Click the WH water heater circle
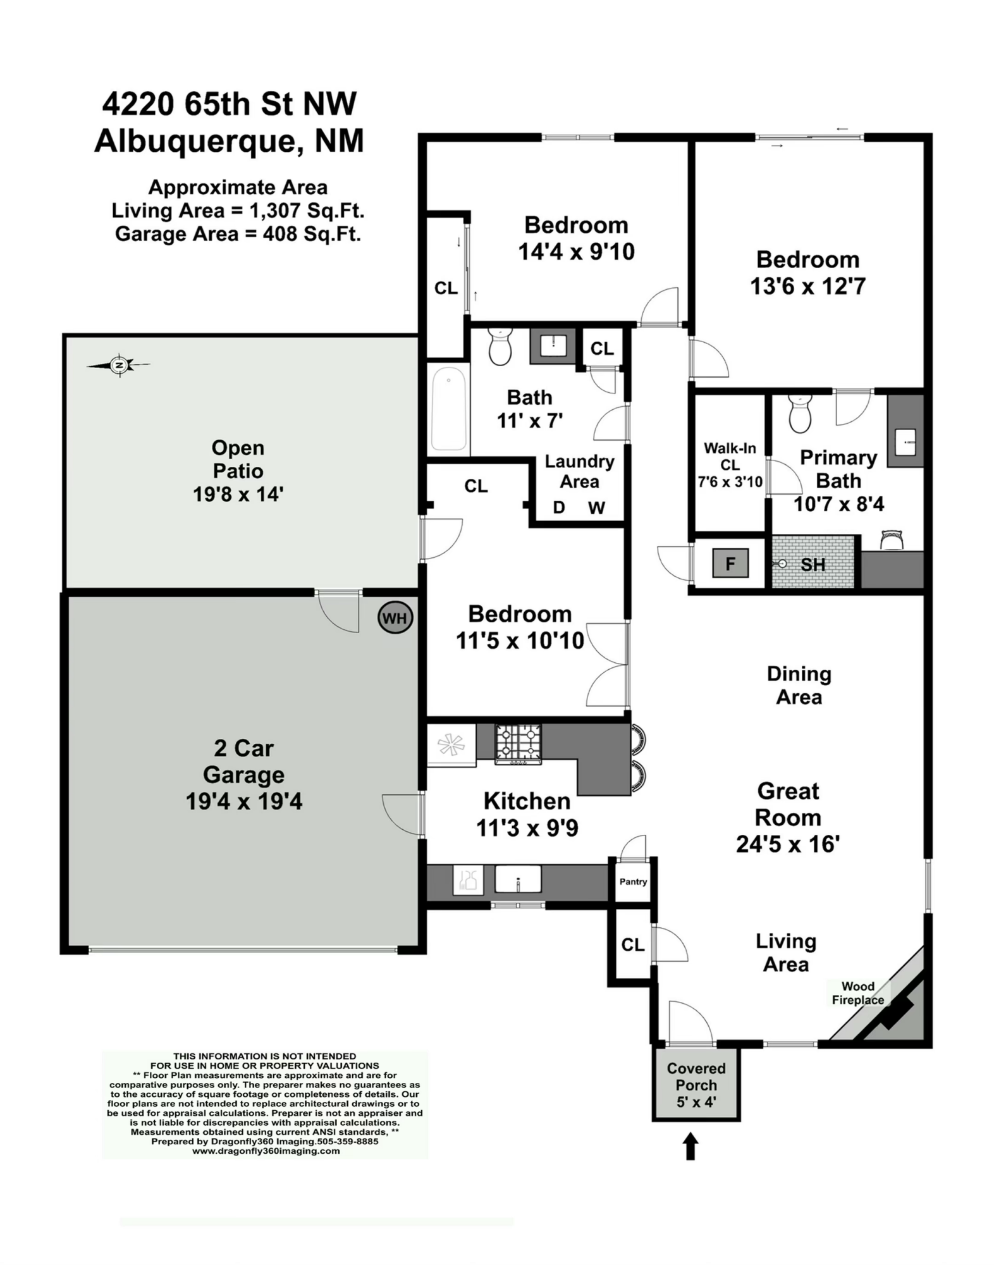[395, 617]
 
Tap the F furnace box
[730, 563]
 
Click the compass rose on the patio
[119, 365]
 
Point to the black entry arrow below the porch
[690, 1145]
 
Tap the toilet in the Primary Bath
[801, 414]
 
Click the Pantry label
[633, 881]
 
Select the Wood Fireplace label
[857, 993]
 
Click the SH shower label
[813, 564]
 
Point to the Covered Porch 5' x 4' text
[696, 1085]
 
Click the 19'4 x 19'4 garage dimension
[244, 801]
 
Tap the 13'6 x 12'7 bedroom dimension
[807, 287]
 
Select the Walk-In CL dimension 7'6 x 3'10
[730, 482]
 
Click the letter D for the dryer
[559, 507]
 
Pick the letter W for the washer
[596, 507]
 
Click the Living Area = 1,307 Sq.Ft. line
[238, 211]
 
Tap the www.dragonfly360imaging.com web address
[266, 1151]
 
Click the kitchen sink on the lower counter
[518, 879]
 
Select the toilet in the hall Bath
[500, 347]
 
